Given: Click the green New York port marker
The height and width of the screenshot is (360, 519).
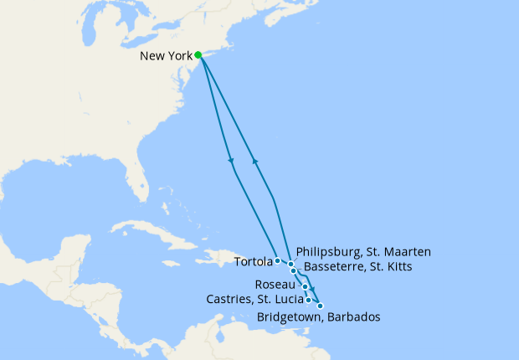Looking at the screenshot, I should [x=198, y=55].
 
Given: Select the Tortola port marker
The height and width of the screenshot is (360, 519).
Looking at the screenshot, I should [x=277, y=261].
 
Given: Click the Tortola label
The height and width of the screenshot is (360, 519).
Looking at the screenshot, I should [x=253, y=261].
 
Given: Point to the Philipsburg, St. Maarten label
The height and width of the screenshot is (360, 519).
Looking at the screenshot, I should [x=362, y=254].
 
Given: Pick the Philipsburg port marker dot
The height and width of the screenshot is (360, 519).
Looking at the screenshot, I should [x=290, y=265].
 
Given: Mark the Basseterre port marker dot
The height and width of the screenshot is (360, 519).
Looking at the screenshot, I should [x=293, y=271].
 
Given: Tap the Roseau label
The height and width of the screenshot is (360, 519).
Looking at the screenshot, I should [x=279, y=285].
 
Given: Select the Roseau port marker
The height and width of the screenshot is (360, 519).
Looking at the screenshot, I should [x=306, y=287].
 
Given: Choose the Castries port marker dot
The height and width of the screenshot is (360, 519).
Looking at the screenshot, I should [x=310, y=300].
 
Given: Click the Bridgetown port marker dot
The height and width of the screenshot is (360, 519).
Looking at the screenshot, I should [x=320, y=306].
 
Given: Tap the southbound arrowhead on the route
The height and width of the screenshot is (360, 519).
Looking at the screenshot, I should [x=230, y=161].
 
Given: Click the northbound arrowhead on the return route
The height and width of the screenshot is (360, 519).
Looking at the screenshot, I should [x=254, y=161].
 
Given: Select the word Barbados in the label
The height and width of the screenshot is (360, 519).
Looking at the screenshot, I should [x=354, y=317].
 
